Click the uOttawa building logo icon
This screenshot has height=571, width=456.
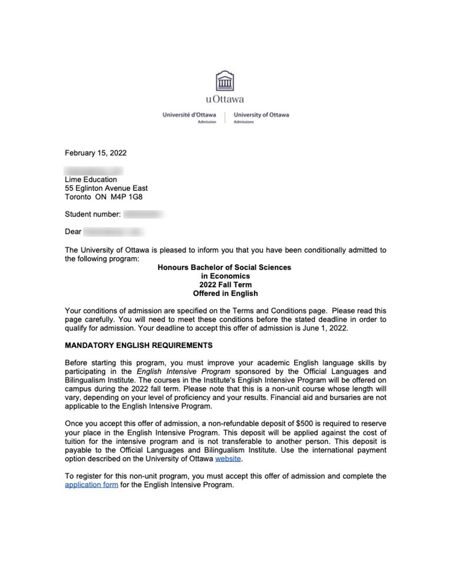pos(225,81)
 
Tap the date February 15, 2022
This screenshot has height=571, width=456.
pos(95,153)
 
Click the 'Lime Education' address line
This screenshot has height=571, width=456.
pos(91,179)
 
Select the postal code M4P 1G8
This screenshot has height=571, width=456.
pos(127,197)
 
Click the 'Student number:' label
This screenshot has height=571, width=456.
pos(92,214)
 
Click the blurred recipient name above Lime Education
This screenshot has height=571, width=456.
pos(93,171)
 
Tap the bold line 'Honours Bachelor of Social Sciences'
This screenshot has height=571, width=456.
pos(224,267)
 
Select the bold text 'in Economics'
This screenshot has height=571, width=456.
pos(225,276)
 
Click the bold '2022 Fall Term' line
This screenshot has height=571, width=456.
pos(225,285)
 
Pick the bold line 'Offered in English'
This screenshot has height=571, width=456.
pos(225,293)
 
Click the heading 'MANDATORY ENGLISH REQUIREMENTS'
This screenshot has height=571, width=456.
pos(138,345)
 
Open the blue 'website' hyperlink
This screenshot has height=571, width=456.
pos(228,458)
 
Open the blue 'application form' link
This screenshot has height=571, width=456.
pos(91,485)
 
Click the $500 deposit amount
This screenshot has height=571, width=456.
pos(304,423)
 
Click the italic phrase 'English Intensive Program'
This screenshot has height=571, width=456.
pos(183,371)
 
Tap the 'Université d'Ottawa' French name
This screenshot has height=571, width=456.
pos(189,115)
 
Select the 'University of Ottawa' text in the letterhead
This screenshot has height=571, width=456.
pos(261,115)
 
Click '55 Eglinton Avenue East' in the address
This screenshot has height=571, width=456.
pos(106,188)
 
